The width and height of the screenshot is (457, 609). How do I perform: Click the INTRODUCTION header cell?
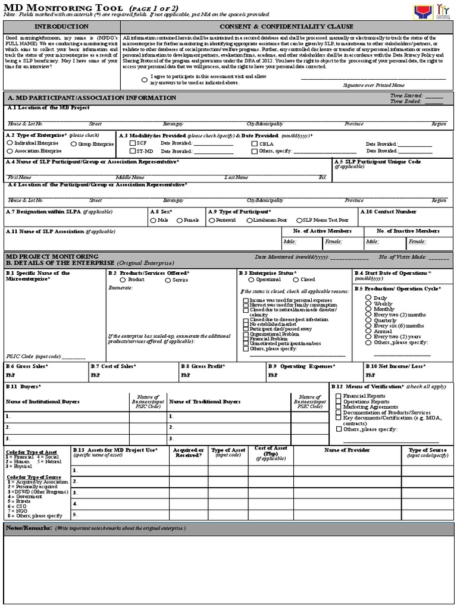pyautogui.click(x=61, y=27)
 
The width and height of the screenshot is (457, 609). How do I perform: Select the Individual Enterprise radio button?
pyautogui.click(x=10, y=143)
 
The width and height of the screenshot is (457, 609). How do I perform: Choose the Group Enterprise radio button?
pyautogui.click(x=74, y=144)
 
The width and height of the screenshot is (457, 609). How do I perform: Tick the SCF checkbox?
pyautogui.click(x=133, y=143)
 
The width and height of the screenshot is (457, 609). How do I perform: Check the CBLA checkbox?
pyautogui.click(x=255, y=144)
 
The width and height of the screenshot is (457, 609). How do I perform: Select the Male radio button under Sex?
pyautogui.click(x=153, y=221)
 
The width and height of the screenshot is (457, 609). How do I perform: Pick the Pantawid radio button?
pyautogui.click(x=211, y=221)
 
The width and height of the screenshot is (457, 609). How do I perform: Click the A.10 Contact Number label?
pyautogui.click(x=390, y=211)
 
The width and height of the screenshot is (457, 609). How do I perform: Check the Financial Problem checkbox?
pyautogui.click(x=246, y=338)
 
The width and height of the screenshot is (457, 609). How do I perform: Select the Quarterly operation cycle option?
pyautogui.click(x=369, y=320)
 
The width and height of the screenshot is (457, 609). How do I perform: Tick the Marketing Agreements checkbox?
pyautogui.click(x=339, y=407)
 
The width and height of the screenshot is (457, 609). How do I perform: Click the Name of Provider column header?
pyautogui.click(x=347, y=450)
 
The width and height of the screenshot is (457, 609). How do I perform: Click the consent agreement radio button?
pyautogui.click(x=145, y=80)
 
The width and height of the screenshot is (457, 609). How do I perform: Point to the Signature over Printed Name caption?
pyautogui.click(x=373, y=86)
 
